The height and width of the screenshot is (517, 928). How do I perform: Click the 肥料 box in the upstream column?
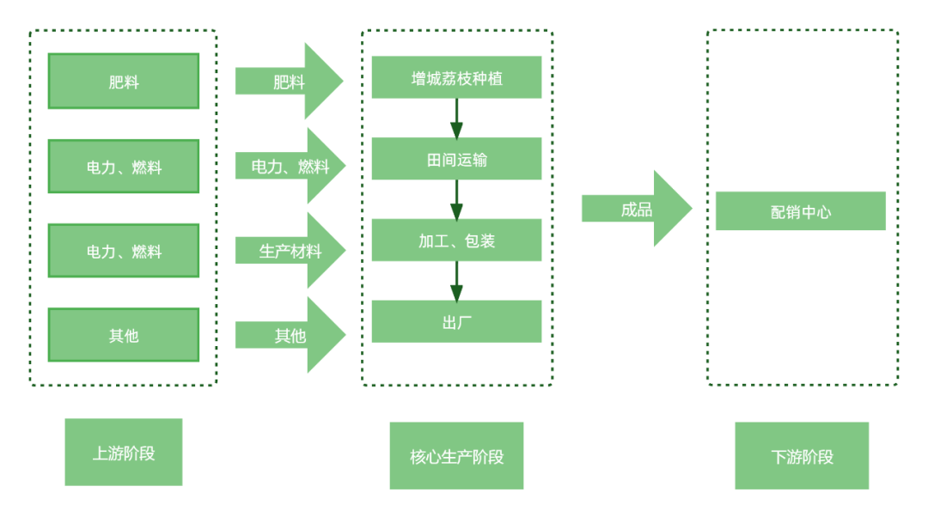pyautogui.click(x=123, y=82)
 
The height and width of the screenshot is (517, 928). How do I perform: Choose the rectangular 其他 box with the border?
pyautogui.click(x=123, y=335)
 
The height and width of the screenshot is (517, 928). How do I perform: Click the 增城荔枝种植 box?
pyautogui.click(x=456, y=77)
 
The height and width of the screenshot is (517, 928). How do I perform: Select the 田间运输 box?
pyautogui.click(x=456, y=159)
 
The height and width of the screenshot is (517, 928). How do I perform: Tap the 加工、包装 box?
pyautogui.click(x=456, y=240)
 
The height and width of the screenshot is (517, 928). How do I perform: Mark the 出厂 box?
pyautogui.click(x=456, y=322)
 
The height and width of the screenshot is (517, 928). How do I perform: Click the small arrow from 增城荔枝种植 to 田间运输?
pyautogui.click(x=456, y=119)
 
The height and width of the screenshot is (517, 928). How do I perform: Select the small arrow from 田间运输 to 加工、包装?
pyautogui.click(x=456, y=199)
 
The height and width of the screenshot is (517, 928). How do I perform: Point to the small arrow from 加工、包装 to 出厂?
pyautogui.click(x=456, y=281)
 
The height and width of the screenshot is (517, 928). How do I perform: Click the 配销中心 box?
pyautogui.click(x=800, y=211)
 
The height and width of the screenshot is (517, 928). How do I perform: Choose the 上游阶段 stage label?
pyautogui.click(x=123, y=452)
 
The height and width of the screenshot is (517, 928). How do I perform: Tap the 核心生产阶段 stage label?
pyautogui.click(x=456, y=455)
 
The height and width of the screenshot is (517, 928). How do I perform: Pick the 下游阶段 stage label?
pyautogui.click(x=801, y=455)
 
